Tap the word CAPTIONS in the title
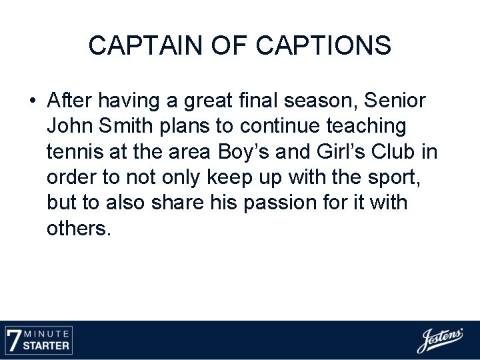click(x=324, y=45)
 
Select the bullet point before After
click(x=32, y=101)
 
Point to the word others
click(x=77, y=228)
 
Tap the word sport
click(x=396, y=177)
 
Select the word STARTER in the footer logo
click(x=47, y=345)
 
